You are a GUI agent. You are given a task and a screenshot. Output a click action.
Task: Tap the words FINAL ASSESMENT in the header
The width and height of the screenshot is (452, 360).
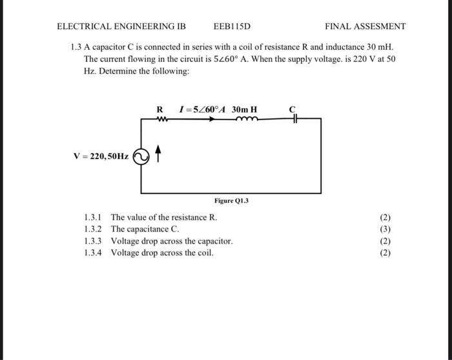365,26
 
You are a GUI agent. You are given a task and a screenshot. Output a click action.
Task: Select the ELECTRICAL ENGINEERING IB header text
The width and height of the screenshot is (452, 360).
121,26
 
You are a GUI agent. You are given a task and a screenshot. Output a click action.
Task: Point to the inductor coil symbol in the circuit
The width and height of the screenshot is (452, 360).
247,119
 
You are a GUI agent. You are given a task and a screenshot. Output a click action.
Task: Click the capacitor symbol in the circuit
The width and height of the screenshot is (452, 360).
294,119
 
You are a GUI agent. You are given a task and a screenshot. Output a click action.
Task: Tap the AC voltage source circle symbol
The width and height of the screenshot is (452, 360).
140,156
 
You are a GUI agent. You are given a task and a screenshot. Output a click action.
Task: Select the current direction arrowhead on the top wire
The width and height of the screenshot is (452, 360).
212,119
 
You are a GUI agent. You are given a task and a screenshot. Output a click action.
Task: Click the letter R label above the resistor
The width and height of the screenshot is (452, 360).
159,109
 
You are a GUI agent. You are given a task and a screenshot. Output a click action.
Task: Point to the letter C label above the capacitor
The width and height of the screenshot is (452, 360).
293,109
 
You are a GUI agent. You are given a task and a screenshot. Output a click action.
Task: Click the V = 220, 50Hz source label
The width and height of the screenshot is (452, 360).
101,156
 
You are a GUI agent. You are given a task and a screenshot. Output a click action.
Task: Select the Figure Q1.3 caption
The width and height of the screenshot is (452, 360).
231,201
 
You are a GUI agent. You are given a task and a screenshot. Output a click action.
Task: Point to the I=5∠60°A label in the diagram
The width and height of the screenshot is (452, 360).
201,109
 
